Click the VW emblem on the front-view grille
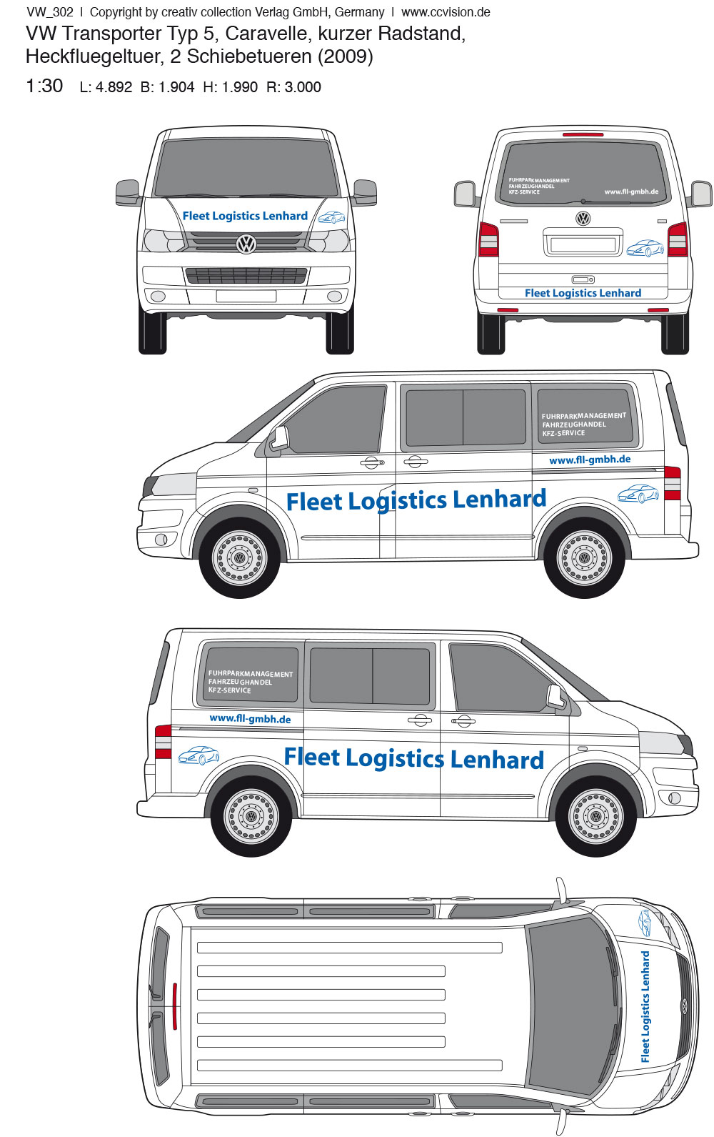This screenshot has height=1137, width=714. [246, 244]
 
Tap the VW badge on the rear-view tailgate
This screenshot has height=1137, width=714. [583, 218]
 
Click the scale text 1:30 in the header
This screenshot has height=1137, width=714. [44, 86]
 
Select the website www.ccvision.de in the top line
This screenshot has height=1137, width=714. [446, 12]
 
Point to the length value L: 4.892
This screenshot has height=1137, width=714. [106, 86]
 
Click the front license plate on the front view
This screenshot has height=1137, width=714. [246, 296]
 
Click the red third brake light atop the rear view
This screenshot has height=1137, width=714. [583, 134]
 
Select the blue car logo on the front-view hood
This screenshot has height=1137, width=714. [331, 217]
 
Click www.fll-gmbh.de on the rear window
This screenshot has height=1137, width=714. [631, 192]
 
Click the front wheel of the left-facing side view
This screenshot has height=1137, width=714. [239, 558]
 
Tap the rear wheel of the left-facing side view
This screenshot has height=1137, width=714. [584, 558]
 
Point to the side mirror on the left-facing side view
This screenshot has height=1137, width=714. [279, 437]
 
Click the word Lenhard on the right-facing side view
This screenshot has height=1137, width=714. [497, 760]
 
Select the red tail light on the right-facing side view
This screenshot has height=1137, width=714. [163, 742]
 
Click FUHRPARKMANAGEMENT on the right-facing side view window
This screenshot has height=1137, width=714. [251, 674]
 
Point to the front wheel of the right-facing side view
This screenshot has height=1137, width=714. [596, 817]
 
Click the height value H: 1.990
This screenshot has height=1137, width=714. [230, 86]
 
